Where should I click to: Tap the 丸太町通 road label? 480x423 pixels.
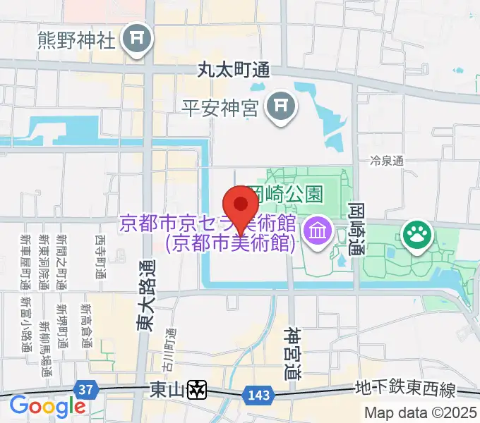click(234, 70)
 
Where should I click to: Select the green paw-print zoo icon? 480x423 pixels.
click(416, 237)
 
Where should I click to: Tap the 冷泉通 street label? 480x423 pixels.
click(388, 161)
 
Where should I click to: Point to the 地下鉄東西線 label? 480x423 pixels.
click(405, 390)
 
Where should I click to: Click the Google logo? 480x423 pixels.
click(47, 406)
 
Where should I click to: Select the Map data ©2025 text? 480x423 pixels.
click(421, 413)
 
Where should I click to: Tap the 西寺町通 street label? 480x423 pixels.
click(100, 257)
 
